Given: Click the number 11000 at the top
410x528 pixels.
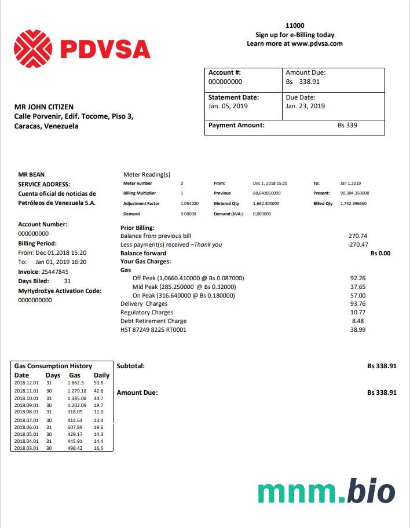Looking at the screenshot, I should [x=295, y=26].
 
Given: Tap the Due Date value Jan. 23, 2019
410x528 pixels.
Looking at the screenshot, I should [x=305, y=107].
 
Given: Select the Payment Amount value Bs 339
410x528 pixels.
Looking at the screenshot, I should [x=347, y=125].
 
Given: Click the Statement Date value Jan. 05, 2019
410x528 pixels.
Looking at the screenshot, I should [x=228, y=107].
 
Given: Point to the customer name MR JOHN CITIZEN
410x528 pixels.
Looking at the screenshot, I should [x=44, y=107].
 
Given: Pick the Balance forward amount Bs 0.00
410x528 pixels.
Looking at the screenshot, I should [x=380, y=254].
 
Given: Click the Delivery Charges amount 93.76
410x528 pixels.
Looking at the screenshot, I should [x=358, y=304].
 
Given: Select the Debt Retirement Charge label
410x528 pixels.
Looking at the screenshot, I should [x=153, y=321].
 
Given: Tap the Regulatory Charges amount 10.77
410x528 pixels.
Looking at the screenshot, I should [x=358, y=313].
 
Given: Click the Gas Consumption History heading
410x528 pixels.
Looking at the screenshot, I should [x=53, y=366].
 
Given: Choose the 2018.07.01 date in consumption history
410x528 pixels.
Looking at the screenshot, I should [x=26, y=420].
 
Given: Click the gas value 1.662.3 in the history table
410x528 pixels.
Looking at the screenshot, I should [x=76, y=383].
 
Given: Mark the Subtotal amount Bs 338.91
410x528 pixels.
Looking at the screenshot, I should [x=382, y=366].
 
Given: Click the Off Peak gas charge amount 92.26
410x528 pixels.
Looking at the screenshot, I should [x=358, y=278].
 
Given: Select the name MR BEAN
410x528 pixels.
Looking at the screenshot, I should [x=31, y=174].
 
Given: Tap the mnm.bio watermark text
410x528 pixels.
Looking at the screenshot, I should [x=326, y=493].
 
